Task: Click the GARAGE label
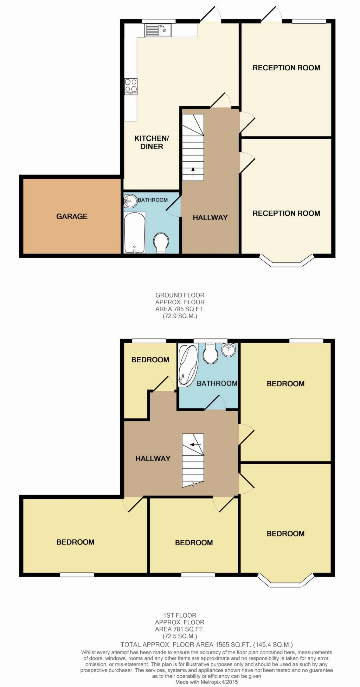click(x=72, y=216)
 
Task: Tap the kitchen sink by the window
click(x=158, y=30)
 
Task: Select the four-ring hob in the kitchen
click(x=131, y=87)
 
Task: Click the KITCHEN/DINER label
click(x=152, y=142)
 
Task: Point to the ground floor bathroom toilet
click(x=161, y=242)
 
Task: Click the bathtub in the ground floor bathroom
click(x=134, y=233)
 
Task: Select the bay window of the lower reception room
click(x=286, y=262)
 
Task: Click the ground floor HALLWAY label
click(x=210, y=218)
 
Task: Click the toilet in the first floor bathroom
click(x=211, y=354)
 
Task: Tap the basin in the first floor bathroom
click(x=229, y=349)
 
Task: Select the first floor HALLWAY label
click(x=153, y=458)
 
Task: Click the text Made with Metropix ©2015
click(x=207, y=682)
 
